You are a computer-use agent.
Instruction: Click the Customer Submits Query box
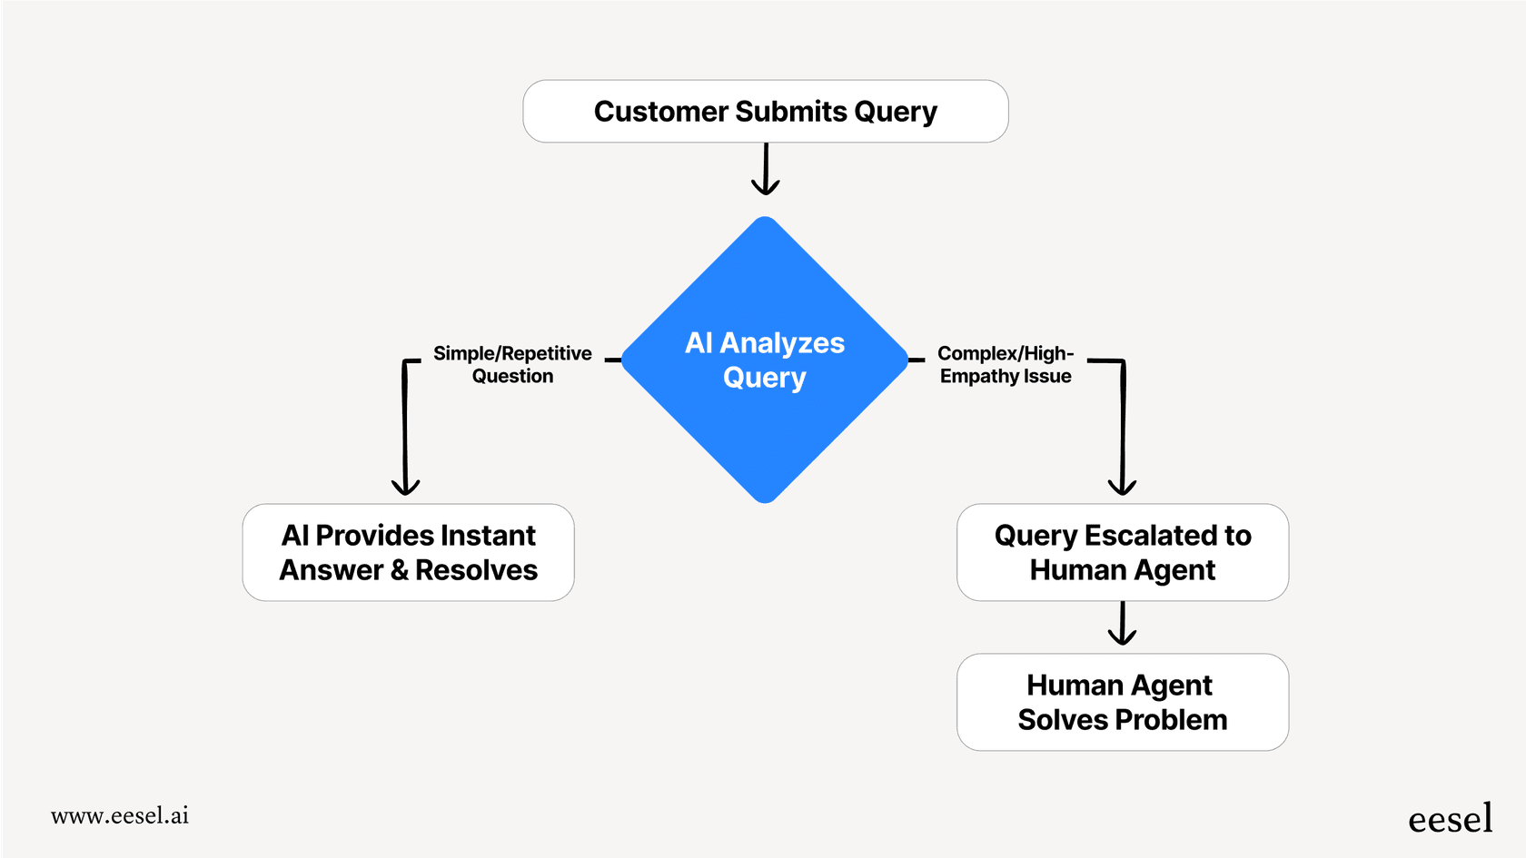pyautogui.click(x=765, y=111)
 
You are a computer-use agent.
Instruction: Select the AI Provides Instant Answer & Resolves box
pyautogui.click(x=408, y=552)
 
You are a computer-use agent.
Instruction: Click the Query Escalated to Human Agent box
pyautogui.click(x=1122, y=552)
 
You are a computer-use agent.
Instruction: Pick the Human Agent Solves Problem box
pyautogui.click(x=1122, y=702)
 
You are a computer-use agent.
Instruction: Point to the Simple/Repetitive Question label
pyautogui.click(x=512, y=364)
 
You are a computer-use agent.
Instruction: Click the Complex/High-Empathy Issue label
pyautogui.click(x=1006, y=364)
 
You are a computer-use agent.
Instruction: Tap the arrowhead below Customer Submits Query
pyautogui.click(x=766, y=186)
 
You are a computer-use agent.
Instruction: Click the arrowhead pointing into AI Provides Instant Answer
pyautogui.click(x=405, y=487)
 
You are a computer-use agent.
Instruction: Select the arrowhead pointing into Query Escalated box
pyautogui.click(x=1123, y=487)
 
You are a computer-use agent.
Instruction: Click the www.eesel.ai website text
pyautogui.click(x=120, y=815)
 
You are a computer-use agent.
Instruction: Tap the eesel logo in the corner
pyautogui.click(x=1450, y=819)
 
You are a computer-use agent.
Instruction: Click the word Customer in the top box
pyautogui.click(x=660, y=111)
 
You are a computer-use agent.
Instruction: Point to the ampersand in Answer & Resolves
pyautogui.click(x=399, y=570)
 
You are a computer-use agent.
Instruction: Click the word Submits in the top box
pyautogui.click(x=791, y=111)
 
